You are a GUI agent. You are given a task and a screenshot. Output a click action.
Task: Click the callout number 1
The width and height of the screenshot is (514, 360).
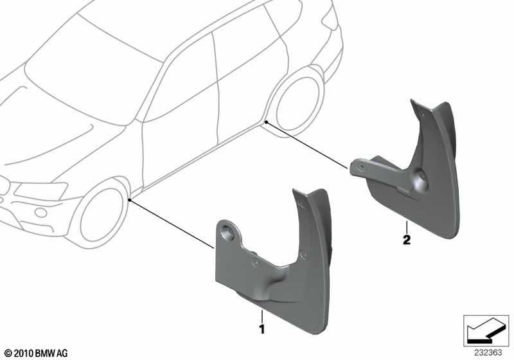261,329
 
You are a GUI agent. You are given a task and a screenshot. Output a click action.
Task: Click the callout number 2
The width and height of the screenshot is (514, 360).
407,240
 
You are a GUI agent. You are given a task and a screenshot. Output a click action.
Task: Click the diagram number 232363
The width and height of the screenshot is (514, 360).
488,353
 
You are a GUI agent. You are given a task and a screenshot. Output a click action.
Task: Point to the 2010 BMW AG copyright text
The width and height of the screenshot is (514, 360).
36,353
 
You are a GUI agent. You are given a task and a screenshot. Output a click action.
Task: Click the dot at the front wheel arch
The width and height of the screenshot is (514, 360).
130,200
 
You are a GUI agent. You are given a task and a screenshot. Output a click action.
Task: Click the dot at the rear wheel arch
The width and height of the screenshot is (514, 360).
267,122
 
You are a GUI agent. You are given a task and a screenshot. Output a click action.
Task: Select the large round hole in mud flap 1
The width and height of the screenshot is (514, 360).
228,232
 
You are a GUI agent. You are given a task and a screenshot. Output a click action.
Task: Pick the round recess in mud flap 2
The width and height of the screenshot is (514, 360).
421,179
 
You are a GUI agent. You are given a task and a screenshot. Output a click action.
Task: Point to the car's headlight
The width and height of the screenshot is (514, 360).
41,190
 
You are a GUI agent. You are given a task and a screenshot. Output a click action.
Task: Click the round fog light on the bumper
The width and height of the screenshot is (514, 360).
41,212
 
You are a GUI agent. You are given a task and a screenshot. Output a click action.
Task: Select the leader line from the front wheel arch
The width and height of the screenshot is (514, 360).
172,224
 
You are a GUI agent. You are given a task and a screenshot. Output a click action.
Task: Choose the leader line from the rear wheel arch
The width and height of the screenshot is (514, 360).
307,145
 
